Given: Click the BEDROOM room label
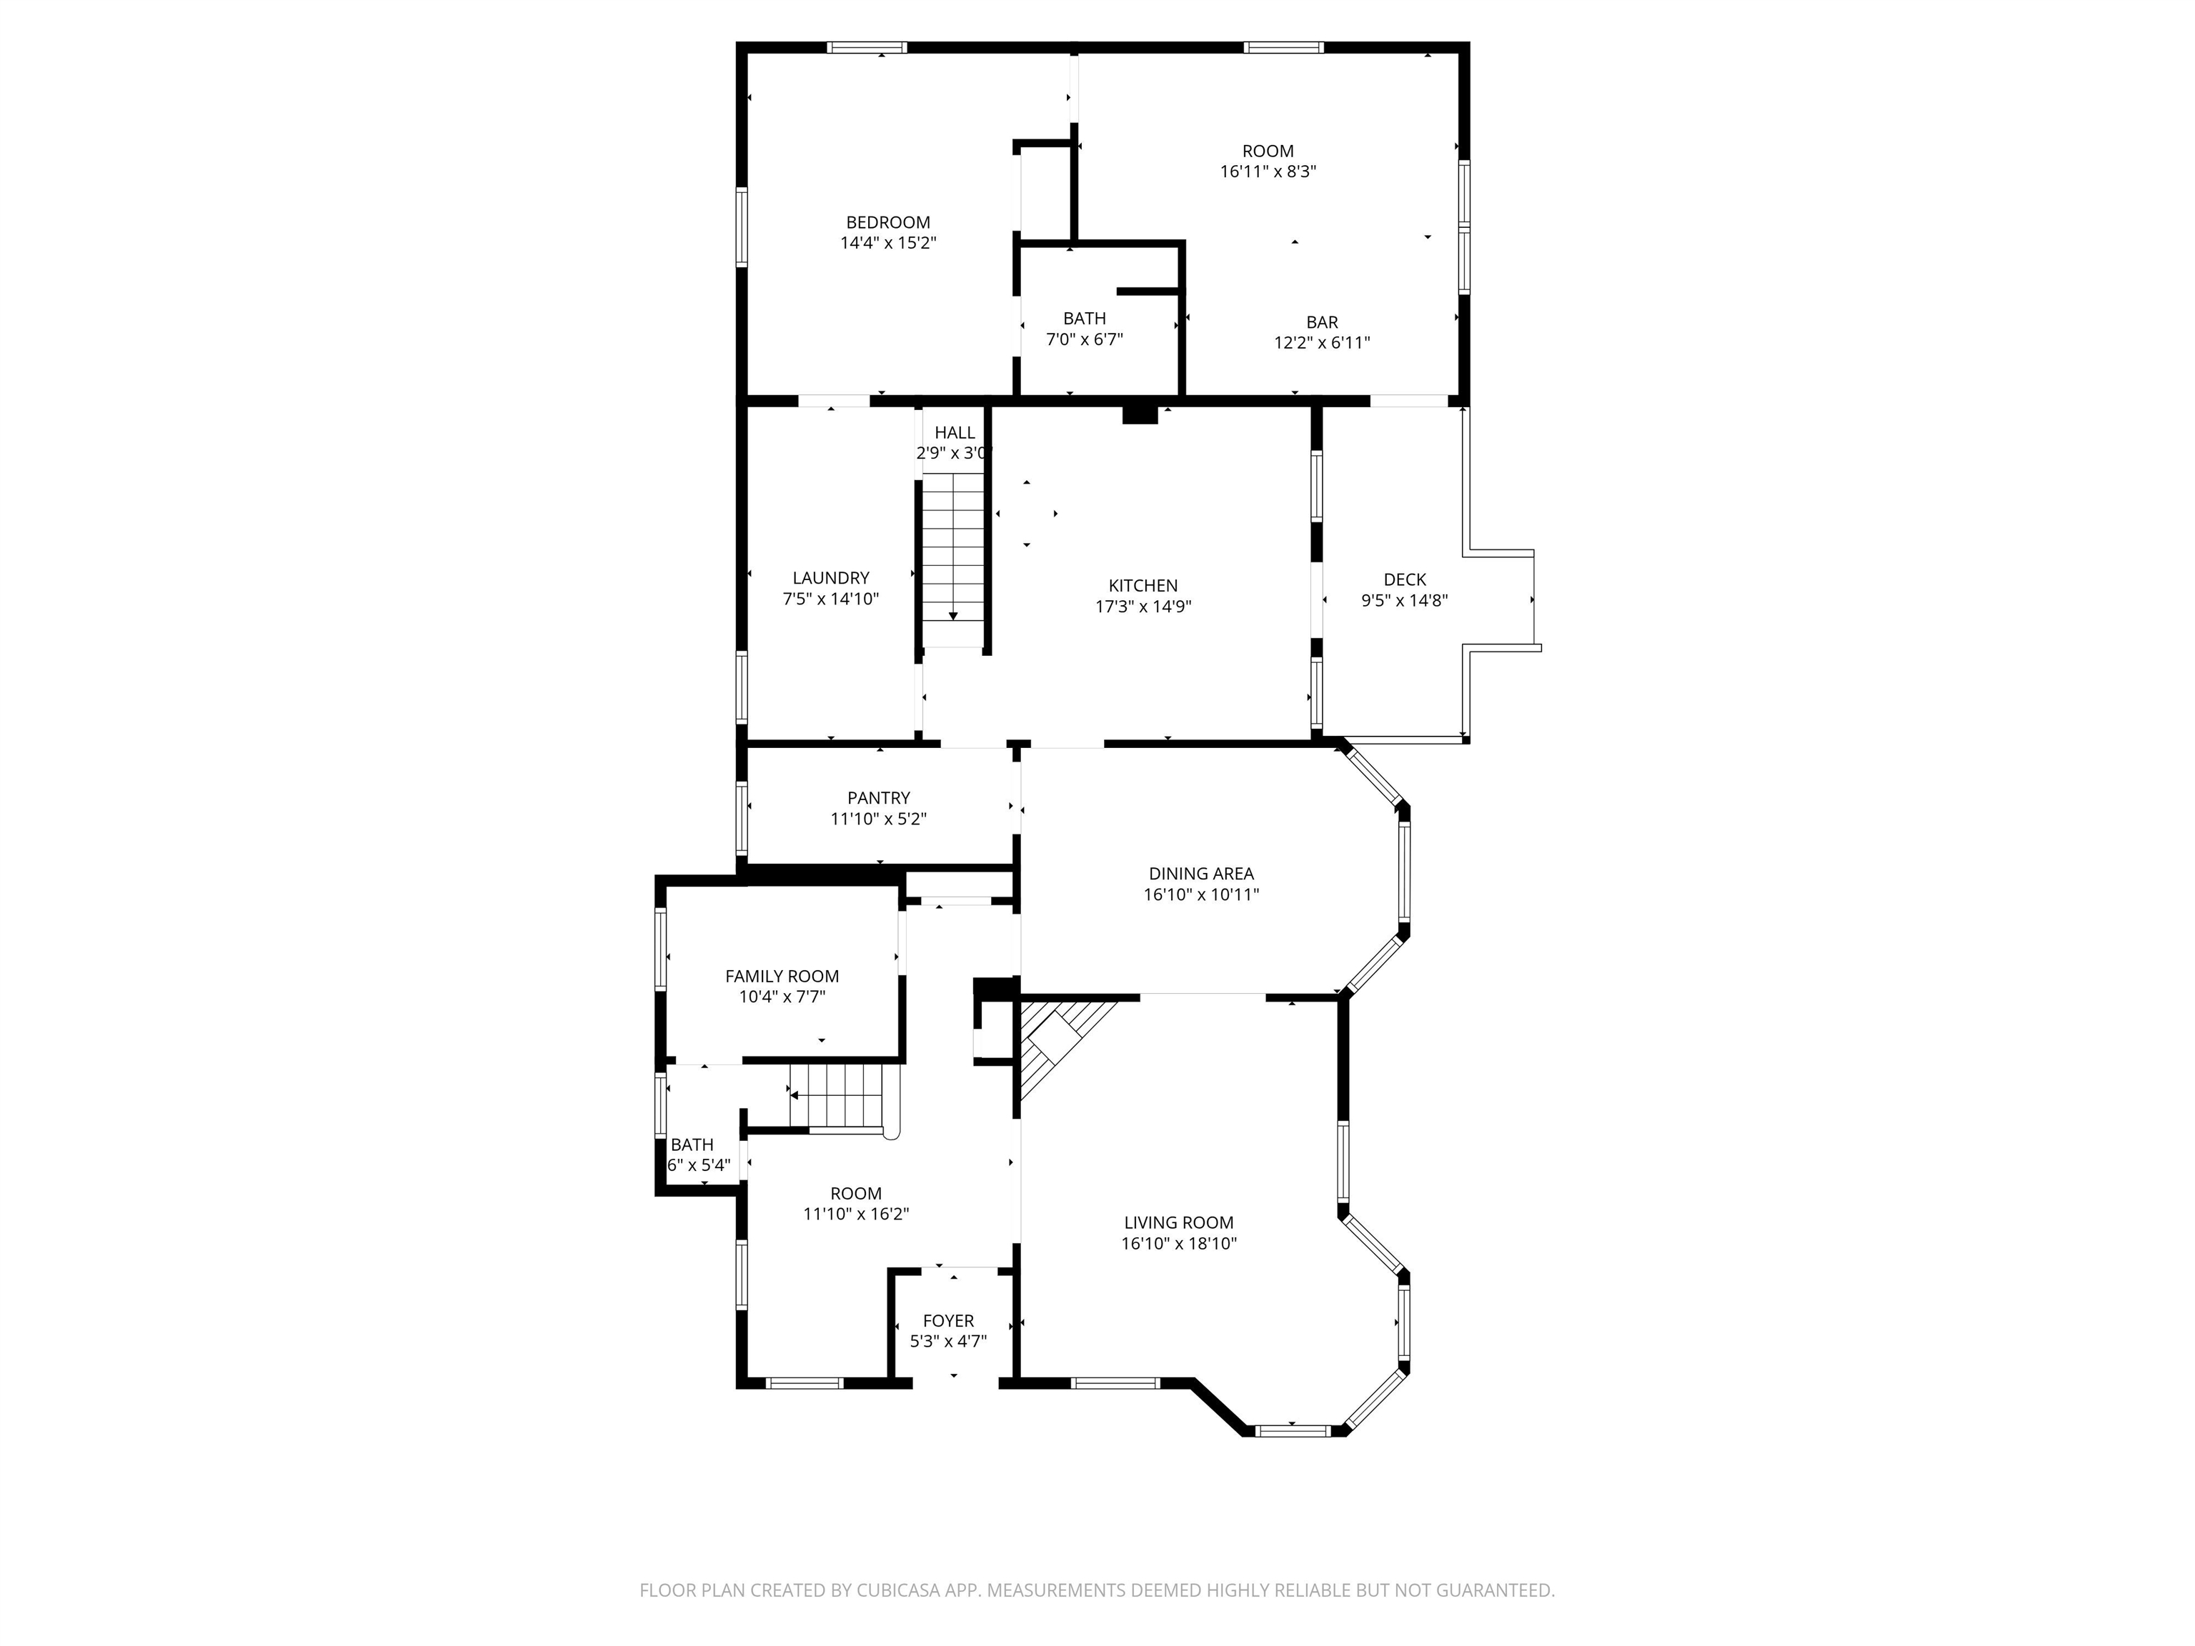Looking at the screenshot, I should pyautogui.click(x=887, y=222).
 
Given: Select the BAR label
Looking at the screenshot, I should pyautogui.click(x=1322, y=322).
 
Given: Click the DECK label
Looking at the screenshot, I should pyautogui.click(x=1404, y=579).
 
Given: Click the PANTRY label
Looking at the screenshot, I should pyautogui.click(x=878, y=798).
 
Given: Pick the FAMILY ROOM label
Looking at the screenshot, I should pyautogui.click(x=782, y=977).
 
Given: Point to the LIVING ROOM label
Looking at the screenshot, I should pyautogui.click(x=1179, y=1223).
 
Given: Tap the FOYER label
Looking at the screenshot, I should pyautogui.click(x=947, y=1320).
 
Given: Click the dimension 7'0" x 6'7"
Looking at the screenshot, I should pyautogui.click(x=1084, y=339).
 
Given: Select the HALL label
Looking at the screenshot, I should pyautogui.click(x=955, y=433).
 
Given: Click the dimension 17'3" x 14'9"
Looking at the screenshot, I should pyautogui.click(x=1143, y=607).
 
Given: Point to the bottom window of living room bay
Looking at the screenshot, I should pyautogui.click(x=1291, y=1430).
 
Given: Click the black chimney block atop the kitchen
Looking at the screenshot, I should pyautogui.click(x=1139, y=414).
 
